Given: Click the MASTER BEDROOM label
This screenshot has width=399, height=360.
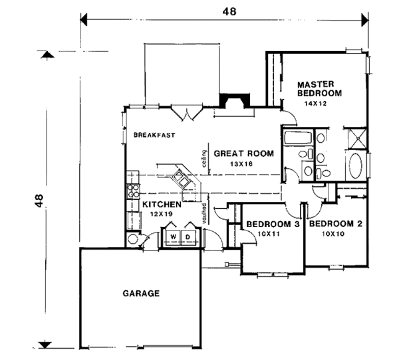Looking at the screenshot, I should tap(319, 89).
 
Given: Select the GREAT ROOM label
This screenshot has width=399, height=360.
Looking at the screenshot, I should tap(243, 153).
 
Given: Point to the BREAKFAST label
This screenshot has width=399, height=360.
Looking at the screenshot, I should tap(154, 135).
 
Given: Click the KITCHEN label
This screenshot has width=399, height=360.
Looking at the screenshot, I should tap(162, 205).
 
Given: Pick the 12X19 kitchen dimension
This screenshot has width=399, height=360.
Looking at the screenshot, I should tap(162, 215).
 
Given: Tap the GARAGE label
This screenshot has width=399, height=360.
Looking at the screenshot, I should tap(141, 293).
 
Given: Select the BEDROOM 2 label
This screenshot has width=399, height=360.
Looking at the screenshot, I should tap(336, 225).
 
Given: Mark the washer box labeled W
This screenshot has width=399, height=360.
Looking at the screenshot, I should tap(173, 236).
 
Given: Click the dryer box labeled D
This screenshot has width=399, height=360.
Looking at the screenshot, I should tap(188, 236).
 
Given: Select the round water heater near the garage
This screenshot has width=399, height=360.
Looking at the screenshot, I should tap(134, 239).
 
